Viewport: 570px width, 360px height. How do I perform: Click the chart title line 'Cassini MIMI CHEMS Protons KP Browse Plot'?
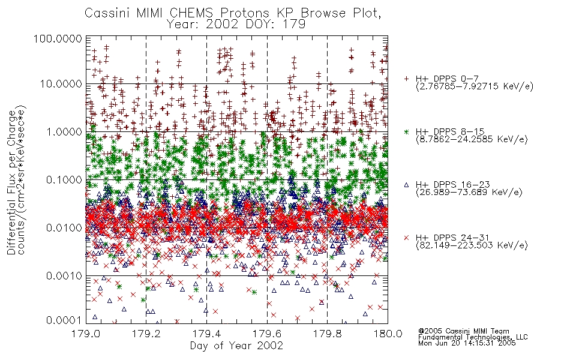[x=233, y=13]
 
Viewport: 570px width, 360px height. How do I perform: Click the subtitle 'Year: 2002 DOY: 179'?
[x=236, y=25]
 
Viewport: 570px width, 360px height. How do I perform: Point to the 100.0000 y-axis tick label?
[x=58, y=38]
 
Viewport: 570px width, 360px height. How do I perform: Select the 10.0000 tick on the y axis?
[x=61, y=84]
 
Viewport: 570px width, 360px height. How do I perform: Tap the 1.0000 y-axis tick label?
[x=64, y=131]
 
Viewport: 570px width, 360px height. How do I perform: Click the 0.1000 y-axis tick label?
[x=64, y=179]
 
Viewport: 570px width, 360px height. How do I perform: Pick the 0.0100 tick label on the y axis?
[x=64, y=228]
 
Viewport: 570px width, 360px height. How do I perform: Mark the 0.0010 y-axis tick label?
[x=64, y=276]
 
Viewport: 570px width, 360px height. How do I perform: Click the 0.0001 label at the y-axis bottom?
[x=64, y=320]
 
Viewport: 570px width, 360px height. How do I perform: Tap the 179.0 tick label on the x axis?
[x=86, y=334]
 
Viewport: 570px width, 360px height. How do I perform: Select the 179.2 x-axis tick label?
[x=146, y=334]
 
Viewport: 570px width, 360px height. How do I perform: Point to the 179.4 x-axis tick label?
[x=206, y=334]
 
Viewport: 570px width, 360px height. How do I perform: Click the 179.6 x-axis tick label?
[x=267, y=334]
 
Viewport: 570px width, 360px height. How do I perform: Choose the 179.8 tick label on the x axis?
[x=327, y=334]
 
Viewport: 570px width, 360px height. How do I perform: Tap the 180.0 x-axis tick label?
[x=388, y=334]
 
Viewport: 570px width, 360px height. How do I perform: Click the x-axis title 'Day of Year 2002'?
[x=236, y=346]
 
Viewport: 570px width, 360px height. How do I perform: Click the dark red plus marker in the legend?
[x=406, y=79]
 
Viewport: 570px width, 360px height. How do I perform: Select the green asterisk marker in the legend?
[x=406, y=131]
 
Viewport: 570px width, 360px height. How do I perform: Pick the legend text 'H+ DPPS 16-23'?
[x=452, y=185]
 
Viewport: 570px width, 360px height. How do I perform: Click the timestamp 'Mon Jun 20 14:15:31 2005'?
[x=467, y=343]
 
